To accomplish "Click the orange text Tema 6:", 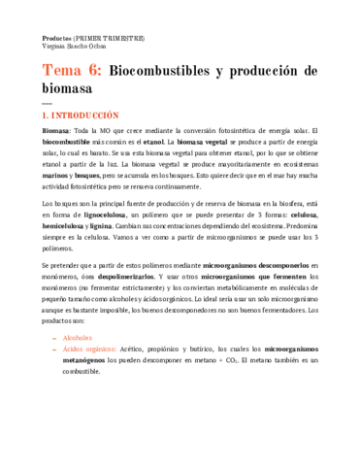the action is click(x=71, y=72).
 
